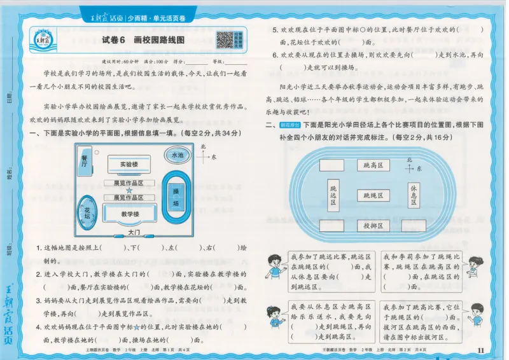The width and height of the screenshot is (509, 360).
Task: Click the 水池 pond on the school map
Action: pos(177,155)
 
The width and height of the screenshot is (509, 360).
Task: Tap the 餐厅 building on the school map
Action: pos(84,163)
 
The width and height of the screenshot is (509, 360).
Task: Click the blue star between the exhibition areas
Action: pos(129,190)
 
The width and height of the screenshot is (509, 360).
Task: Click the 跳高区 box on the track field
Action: pos(373,165)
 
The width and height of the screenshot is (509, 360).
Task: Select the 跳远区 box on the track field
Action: pos(333,195)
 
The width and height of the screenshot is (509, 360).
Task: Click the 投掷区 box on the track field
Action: pos(373,226)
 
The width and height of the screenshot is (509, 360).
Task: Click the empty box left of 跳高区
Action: pos(331,165)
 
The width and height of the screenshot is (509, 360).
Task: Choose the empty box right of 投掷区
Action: pos(414,226)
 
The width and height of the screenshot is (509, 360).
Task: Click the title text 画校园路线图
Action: pos(159,40)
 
